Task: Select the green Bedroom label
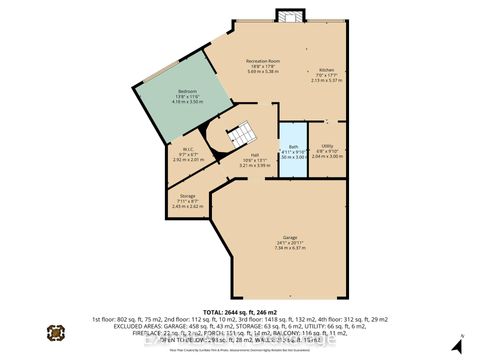(x=188, y=91)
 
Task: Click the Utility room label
(x=341, y=146)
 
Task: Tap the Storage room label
(x=187, y=196)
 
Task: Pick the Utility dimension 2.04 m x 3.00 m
(x=341, y=157)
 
